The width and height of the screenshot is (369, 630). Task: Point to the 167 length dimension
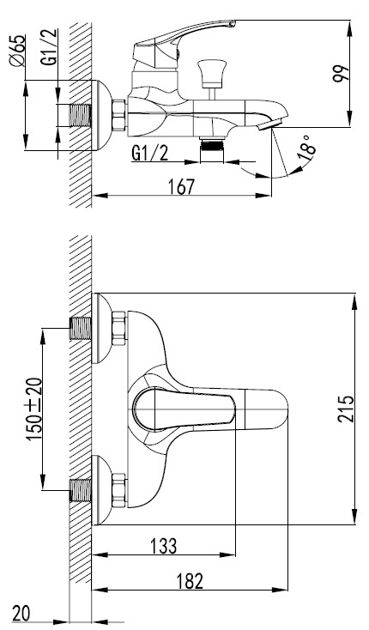click(181, 187)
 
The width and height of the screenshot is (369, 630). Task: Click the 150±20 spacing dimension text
click(34, 409)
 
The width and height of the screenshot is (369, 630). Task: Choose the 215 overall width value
click(346, 409)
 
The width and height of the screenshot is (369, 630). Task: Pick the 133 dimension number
click(163, 546)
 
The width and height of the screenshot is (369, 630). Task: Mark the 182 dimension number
click(190, 580)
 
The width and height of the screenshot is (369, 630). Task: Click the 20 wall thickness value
click(21, 614)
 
